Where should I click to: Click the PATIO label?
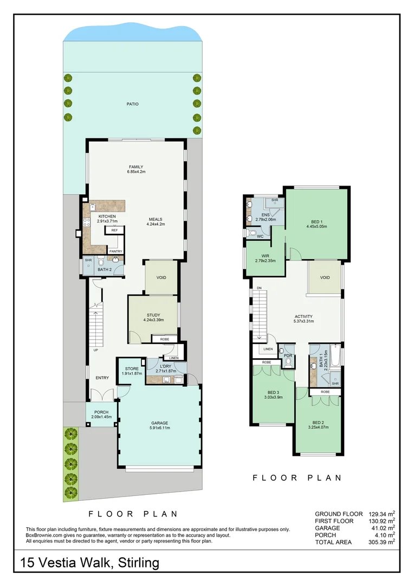coord(132,104)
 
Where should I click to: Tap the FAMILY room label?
coord(135,167)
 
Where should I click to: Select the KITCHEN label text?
coord(107,216)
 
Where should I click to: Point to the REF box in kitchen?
coord(114,231)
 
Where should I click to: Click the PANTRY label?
coord(115,251)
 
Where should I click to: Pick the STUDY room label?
coord(153,315)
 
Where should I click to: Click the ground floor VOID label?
coord(161,278)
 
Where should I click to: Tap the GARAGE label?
coord(159,423)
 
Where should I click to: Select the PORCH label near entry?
coord(101,412)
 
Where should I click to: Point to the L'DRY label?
coord(166,366)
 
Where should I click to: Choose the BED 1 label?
coord(318,221)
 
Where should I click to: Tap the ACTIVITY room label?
coord(303,316)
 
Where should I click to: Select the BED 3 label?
coord(273,393)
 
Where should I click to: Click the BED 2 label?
coord(319,422)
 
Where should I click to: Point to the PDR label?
coord(288,355)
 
